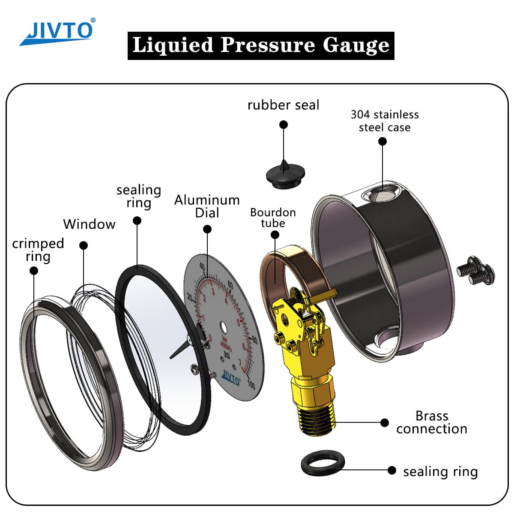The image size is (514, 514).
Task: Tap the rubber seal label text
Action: [x=283, y=105]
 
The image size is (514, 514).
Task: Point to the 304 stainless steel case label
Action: [x=384, y=121]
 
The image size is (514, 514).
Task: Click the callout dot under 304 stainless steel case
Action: [x=383, y=142]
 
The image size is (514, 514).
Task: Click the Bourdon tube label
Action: [x=273, y=218]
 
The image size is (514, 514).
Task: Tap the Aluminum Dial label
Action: [x=207, y=206]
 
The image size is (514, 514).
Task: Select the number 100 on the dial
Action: [x=251, y=385]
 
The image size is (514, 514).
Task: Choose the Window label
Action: [x=89, y=224]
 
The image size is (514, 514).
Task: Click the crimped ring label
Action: [x=38, y=250]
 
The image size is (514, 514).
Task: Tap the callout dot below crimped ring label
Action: [x=34, y=271]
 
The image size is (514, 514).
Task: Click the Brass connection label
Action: [x=431, y=422]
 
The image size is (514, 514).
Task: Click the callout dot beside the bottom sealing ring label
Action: [x=391, y=470]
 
